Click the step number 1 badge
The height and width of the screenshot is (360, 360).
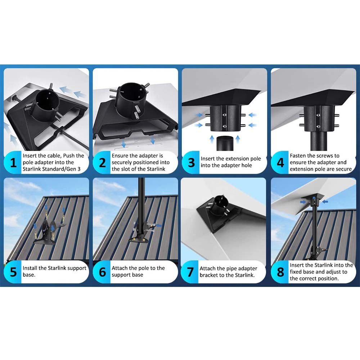pos(13,163)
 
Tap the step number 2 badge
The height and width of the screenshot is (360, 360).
pos(102,163)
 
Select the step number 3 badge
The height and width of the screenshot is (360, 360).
pos(191,163)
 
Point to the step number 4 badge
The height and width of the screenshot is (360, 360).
pos(280,163)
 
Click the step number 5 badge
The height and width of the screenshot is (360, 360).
pos(13,272)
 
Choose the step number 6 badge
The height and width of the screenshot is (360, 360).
pos(102,272)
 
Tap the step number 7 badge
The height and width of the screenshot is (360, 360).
pos(190,272)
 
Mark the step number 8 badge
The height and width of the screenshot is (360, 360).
pos(280,272)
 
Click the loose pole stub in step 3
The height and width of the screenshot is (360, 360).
pos(225,143)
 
